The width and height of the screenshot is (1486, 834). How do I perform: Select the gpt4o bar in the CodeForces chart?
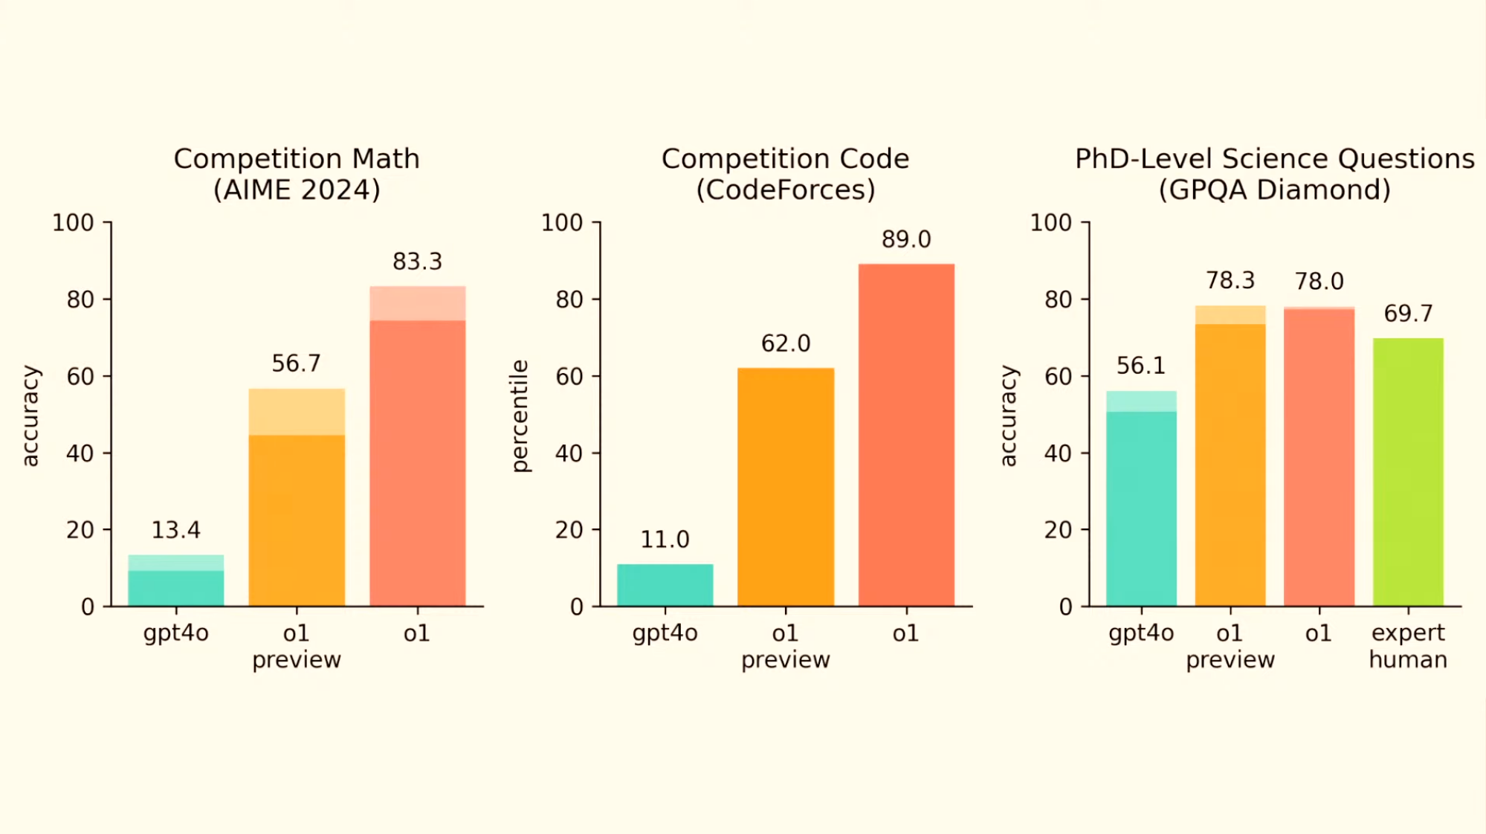tap(665, 585)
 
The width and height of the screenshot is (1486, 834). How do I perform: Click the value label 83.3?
tap(417, 262)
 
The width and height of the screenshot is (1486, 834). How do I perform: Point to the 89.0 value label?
tap(906, 239)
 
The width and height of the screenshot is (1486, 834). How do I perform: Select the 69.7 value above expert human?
tap(1408, 314)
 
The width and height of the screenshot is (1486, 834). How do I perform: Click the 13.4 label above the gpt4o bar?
tap(176, 530)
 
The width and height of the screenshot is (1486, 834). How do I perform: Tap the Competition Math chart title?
tap(297, 159)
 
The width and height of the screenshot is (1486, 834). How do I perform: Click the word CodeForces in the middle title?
tap(786, 190)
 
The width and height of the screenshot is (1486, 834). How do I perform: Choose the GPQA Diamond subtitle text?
tap(1274, 190)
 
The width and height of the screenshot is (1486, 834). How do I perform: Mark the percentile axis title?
tap(520, 416)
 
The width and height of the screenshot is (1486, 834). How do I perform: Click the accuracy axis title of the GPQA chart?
tap(1008, 416)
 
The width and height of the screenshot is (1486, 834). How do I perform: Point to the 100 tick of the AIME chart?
tap(73, 223)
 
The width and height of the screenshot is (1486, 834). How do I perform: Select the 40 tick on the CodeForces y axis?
tap(569, 453)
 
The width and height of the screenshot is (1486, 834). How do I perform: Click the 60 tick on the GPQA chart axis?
tap(1058, 377)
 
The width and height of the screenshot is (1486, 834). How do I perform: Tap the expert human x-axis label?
tap(1408, 646)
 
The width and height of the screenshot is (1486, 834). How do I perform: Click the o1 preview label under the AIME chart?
tap(297, 646)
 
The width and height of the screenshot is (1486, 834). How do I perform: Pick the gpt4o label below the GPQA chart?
tap(1141, 633)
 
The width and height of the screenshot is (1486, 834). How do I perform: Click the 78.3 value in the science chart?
tap(1230, 281)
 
